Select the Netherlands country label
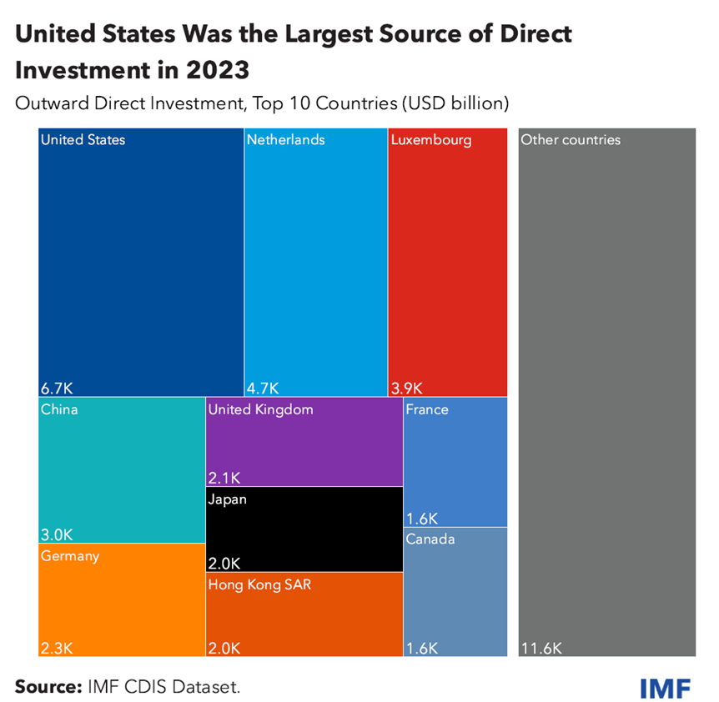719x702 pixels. point(285,140)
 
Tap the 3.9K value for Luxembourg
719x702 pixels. point(407,388)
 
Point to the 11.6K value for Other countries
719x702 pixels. point(541,648)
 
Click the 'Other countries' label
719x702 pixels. point(571,140)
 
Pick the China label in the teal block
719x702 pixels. point(59,409)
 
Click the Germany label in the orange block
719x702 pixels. point(70,556)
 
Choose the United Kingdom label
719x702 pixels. point(260,409)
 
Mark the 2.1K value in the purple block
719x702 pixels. point(224,478)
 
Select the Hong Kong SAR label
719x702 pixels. point(259,584)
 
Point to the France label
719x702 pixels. point(427,409)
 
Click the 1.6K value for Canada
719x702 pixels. point(422,648)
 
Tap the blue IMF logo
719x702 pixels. point(665,689)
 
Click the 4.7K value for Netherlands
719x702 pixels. point(263,388)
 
